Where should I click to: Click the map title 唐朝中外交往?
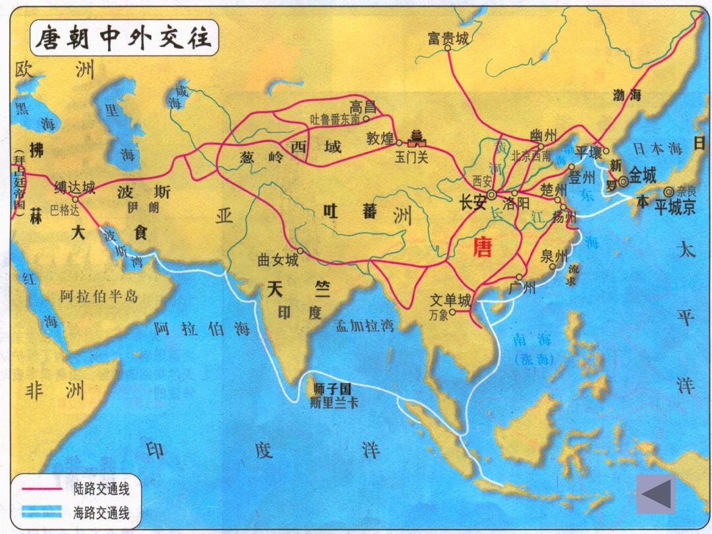coord(123,38)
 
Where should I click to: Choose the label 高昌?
coord(364,106)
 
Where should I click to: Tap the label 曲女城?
coord(278,260)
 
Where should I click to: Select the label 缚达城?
coord(74,188)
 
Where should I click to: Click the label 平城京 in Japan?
coord(675,208)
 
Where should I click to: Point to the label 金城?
coord(643,175)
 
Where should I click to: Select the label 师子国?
coord(334,390)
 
